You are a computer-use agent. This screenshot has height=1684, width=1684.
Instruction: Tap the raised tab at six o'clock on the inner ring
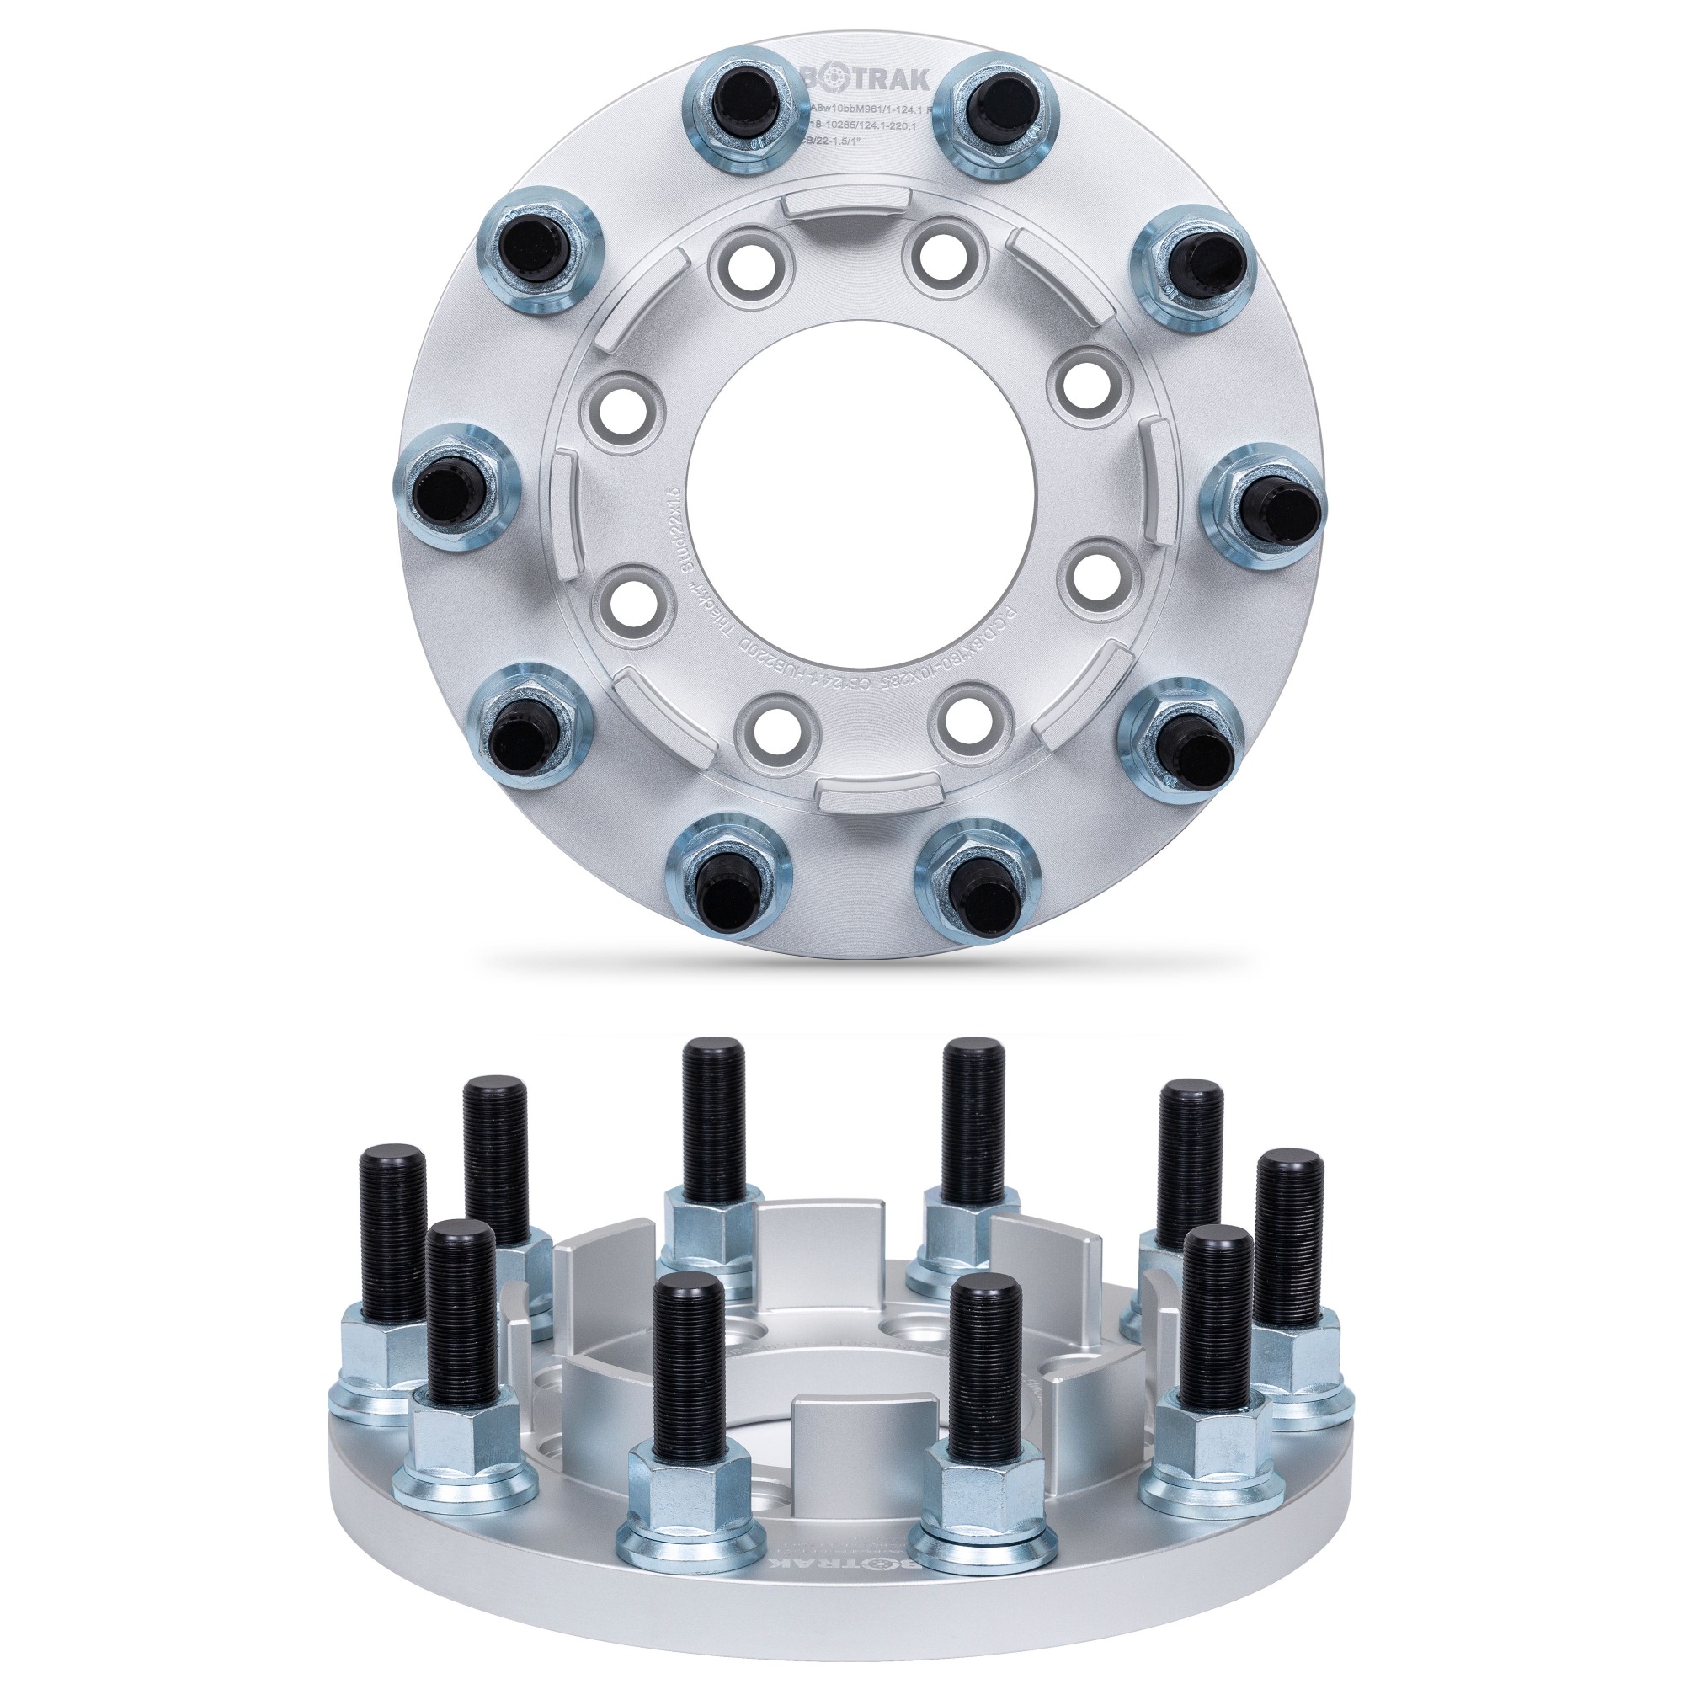[x=861, y=794]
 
